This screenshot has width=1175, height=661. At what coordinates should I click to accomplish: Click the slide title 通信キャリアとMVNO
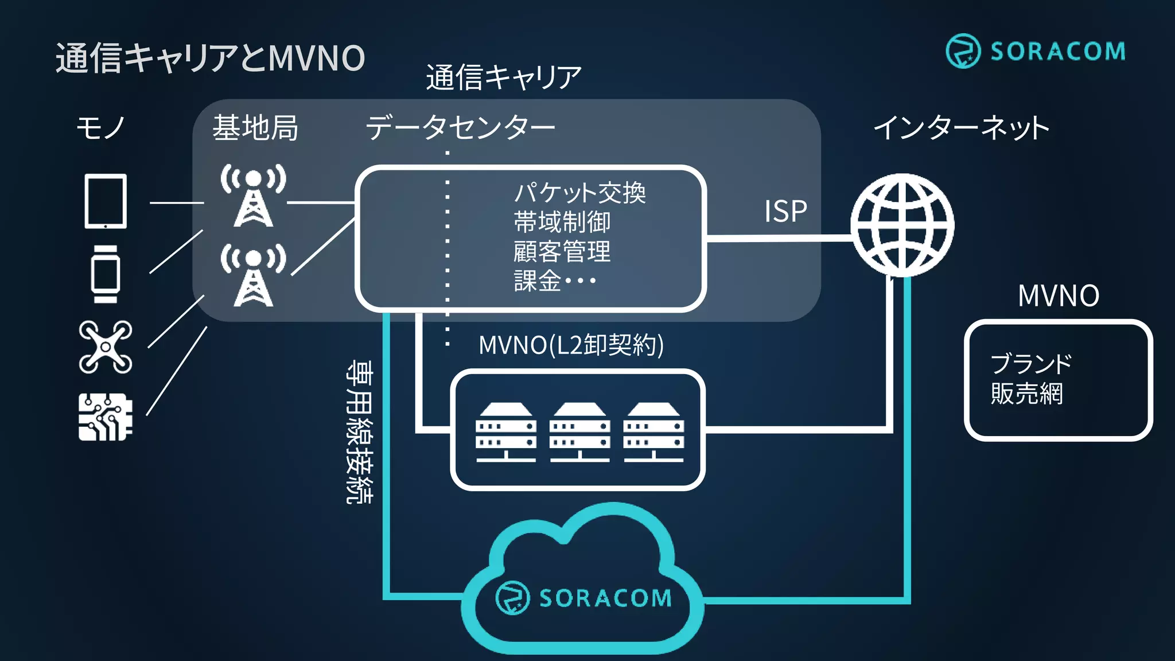tap(210, 58)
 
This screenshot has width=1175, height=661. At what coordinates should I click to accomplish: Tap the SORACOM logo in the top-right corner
tap(1035, 51)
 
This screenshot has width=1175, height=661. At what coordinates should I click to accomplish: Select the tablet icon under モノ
tap(106, 201)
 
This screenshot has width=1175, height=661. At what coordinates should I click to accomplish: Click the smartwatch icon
tap(106, 274)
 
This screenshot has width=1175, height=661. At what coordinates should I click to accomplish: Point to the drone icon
tap(106, 347)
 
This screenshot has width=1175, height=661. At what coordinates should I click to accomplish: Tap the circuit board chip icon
tap(106, 417)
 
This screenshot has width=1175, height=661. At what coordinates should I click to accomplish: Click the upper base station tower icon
tap(253, 196)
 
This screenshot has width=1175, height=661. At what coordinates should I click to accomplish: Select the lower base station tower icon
tap(253, 275)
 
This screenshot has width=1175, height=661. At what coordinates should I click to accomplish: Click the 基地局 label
tap(255, 127)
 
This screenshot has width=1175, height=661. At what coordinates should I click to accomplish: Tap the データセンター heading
tap(460, 127)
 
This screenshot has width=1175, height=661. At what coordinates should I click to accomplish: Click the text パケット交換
tap(579, 193)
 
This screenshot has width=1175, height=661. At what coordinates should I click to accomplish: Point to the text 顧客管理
tap(562, 252)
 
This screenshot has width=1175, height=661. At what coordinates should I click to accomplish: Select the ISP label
tap(785, 211)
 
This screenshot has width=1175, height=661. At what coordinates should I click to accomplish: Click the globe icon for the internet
tap(902, 225)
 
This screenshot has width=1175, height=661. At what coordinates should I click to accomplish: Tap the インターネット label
tap(962, 127)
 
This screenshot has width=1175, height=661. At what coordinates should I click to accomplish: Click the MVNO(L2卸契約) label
tap(571, 345)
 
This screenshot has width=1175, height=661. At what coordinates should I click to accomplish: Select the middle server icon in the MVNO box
tap(579, 433)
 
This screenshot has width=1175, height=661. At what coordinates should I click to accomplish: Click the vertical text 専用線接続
tap(359, 432)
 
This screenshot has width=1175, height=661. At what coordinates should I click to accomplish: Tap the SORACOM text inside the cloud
tap(605, 598)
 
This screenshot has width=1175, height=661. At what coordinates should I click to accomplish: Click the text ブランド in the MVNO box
tap(1031, 364)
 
